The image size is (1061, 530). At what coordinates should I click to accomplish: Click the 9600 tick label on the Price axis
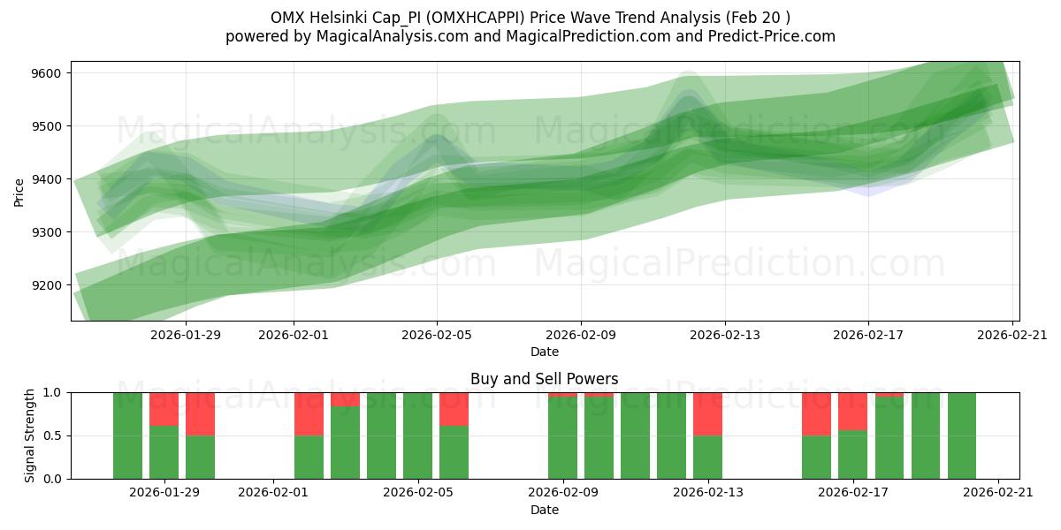pos(46,73)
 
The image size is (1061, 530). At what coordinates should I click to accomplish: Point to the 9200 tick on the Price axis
pos(46,285)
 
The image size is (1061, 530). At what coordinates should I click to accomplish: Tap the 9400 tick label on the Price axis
pos(46,179)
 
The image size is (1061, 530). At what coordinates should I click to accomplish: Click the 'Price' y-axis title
pos(19,191)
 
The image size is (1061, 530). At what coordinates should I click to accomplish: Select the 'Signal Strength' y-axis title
pos(30,435)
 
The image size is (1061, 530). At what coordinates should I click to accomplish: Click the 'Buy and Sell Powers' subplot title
pos(545,379)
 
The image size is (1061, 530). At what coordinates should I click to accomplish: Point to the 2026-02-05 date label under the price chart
pos(437,335)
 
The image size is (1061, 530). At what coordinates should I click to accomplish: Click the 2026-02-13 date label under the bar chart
pos(708,493)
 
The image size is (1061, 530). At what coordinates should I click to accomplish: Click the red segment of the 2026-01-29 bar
pos(164,408)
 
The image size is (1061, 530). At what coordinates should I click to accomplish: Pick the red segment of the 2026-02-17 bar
pos(852,411)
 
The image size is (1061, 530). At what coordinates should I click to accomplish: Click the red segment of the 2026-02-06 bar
pos(454,408)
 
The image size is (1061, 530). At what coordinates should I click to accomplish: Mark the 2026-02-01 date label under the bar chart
pos(273,493)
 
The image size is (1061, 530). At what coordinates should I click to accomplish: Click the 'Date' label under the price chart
pos(545,352)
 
